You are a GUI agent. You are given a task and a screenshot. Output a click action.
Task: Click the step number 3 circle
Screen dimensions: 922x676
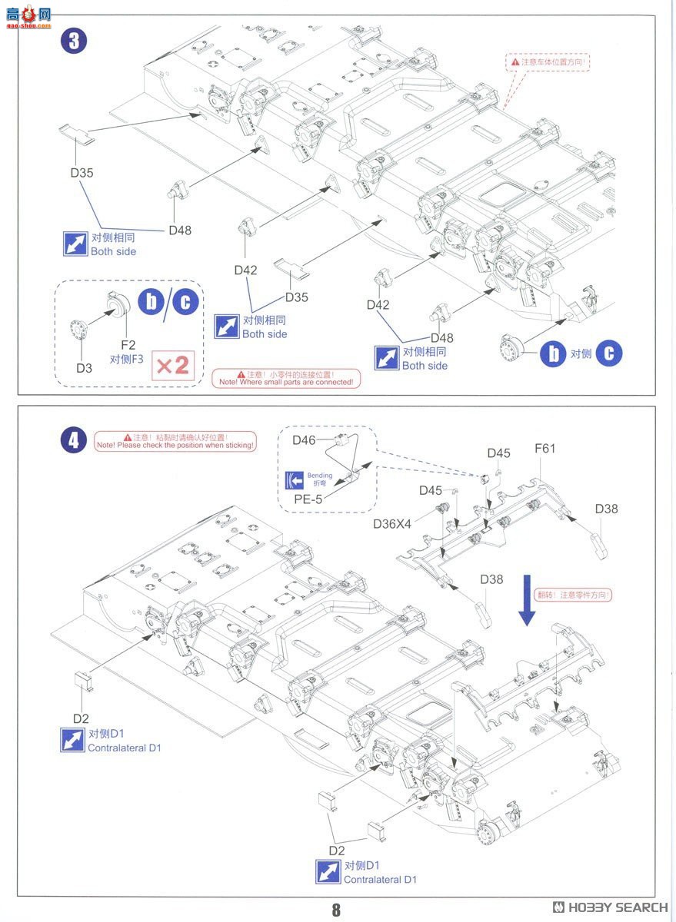click(73, 41)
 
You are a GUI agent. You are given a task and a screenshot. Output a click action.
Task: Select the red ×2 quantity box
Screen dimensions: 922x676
click(173, 364)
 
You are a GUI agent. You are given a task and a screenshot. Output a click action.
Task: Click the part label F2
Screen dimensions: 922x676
click(128, 345)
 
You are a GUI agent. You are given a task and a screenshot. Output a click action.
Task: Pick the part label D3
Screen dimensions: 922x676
click(84, 368)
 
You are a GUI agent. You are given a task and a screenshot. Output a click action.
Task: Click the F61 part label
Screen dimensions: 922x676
click(544, 449)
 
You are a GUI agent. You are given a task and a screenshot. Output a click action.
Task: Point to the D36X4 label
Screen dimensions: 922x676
click(392, 524)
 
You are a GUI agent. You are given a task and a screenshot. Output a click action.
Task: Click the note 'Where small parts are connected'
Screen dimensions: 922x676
click(286, 377)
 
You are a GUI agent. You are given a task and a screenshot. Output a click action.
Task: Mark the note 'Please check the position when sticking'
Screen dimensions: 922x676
click(175, 441)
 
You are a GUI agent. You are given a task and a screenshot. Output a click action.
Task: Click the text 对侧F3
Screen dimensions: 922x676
click(127, 359)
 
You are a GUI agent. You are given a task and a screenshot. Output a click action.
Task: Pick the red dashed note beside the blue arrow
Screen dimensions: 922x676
click(578, 595)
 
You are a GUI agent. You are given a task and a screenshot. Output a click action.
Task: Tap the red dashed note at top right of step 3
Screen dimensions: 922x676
click(548, 61)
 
